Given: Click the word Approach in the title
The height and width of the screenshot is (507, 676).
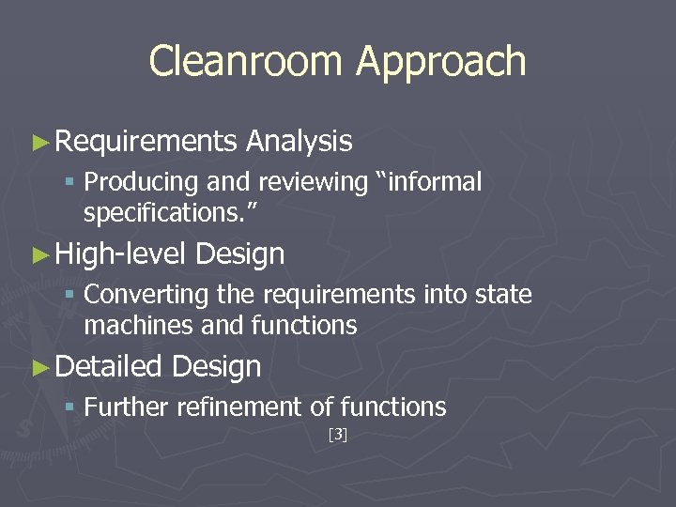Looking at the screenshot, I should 441,62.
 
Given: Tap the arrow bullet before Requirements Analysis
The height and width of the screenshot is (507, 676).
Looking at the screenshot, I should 39,143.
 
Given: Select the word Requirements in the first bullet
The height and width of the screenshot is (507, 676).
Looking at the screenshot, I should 146,142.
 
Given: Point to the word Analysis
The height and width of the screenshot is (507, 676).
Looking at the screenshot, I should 299,142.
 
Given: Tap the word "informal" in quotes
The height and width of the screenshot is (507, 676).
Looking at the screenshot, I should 429,181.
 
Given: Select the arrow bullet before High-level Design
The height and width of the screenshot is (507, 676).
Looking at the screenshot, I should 39,254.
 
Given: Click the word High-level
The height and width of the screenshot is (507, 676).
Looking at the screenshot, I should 122,253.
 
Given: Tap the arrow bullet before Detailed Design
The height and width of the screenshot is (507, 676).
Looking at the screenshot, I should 39,367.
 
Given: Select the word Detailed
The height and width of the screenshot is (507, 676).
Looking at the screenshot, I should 109,366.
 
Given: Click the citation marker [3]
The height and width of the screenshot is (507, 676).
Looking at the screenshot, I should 338,435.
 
